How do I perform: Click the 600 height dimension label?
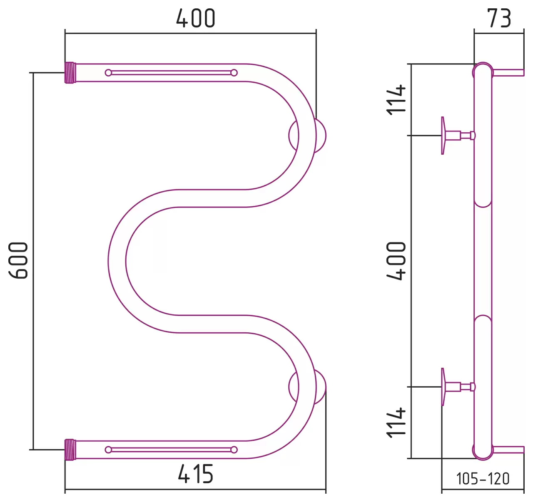pyautogui.click(x=18, y=260)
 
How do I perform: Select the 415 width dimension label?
pyautogui.click(x=195, y=474)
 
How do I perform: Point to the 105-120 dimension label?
pyautogui.click(x=483, y=479)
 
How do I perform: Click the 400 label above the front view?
pyautogui.click(x=196, y=18)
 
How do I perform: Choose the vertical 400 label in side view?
pyautogui.click(x=396, y=261)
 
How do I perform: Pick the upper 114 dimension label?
pyautogui.click(x=396, y=100)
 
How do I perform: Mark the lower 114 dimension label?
pyautogui.click(x=396, y=423)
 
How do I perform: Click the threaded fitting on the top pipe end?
pyautogui.click(x=70, y=73)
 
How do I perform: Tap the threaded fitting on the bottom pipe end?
pyautogui.click(x=70, y=450)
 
